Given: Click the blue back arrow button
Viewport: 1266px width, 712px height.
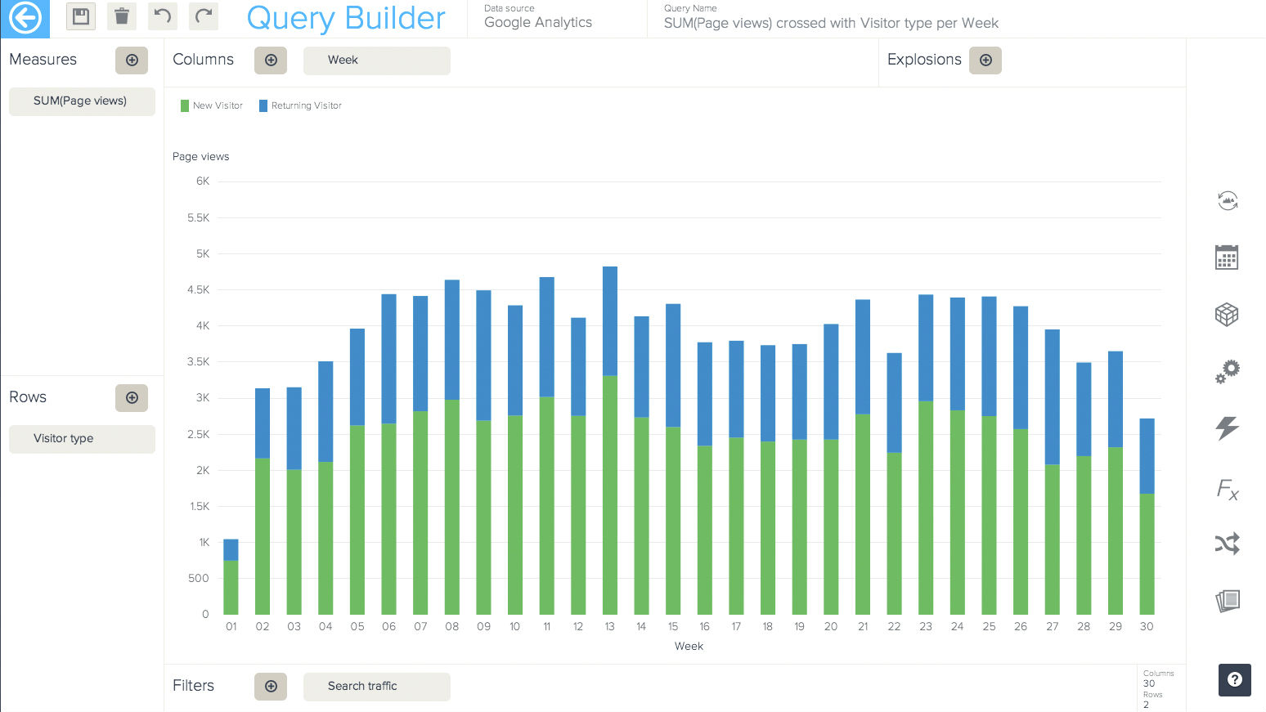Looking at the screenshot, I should click(x=25, y=18).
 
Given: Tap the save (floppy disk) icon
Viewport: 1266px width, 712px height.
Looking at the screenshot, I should click(x=81, y=16).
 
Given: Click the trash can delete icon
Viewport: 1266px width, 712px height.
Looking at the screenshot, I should click(x=122, y=16).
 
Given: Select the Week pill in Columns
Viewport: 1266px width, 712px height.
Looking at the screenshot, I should click(x=376, y=60).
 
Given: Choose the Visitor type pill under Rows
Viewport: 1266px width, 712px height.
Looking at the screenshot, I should click(x=82, y=439).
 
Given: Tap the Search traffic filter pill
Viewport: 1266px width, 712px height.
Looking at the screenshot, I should click(x=376, y=687).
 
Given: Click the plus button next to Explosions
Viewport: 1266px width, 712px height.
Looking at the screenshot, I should click(x=985, y=60).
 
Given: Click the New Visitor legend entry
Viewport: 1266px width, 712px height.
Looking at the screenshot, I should click(x=212, y=105).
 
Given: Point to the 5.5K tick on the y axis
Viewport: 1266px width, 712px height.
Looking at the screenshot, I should click(x=199, y=218).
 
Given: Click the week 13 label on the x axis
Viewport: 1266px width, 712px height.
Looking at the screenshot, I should click(x=610, y=627).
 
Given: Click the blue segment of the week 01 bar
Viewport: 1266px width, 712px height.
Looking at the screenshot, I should click(x=231, y=549).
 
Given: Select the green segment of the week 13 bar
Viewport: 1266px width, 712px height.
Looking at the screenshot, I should click(x=610, y=495).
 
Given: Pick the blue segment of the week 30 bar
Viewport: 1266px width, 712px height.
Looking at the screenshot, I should click(x=1147, y=456).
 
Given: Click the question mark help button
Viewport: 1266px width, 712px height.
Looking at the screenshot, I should click(x=1235, y=679).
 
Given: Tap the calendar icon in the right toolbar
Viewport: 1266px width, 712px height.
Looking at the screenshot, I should click(x=1227, y=257).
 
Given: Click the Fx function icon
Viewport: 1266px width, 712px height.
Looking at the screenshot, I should click(x=1228, y=490).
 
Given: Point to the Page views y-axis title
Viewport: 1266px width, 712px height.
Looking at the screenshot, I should click(x=201, y=157).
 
